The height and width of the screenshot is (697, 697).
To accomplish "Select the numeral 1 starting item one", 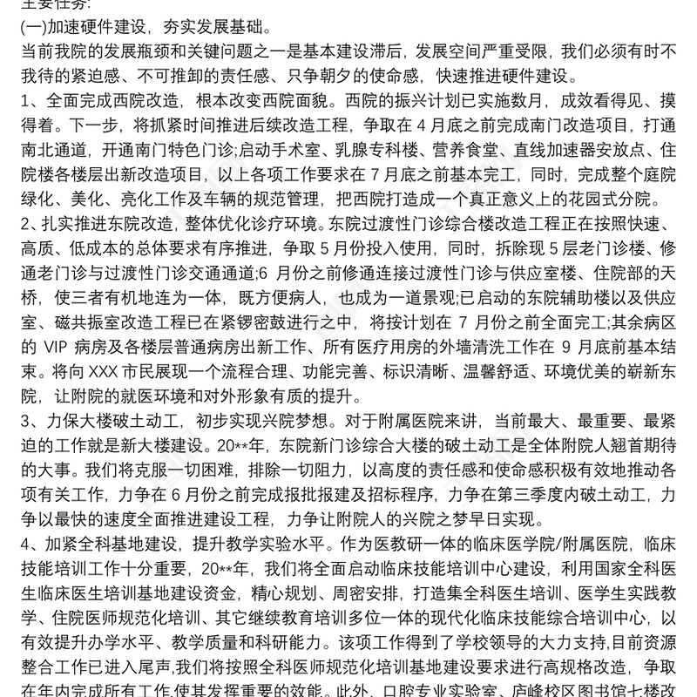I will (24, 95).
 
